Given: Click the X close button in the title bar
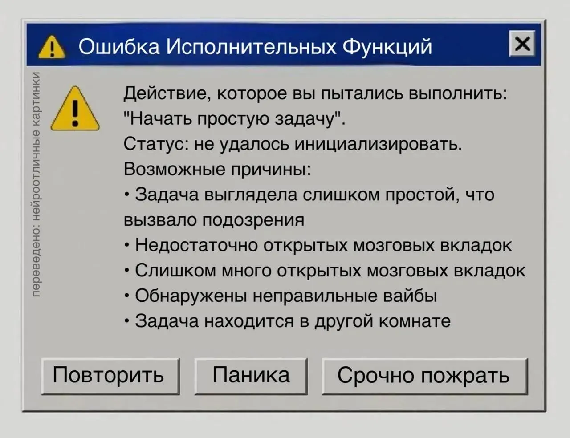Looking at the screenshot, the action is click(x=522, y=44).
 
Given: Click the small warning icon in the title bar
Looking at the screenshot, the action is click(x=52, y=47).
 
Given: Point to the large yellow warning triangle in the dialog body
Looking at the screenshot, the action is click(x=75, y=109).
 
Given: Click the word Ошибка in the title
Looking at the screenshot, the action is click(x=119, y=47).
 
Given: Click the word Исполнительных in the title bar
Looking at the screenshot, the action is click(x=251, y=47).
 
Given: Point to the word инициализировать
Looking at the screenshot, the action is click(x=378, y=144).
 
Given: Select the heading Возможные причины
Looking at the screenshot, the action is click(x=217, y=169).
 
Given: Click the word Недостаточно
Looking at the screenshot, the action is click(x=196, y=245).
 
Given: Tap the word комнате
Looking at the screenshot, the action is click(x=415, y=321).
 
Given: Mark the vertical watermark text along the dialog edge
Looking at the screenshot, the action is click(x=36, y=184).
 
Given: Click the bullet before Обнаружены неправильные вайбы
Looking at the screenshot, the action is click(x=127, y=296).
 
